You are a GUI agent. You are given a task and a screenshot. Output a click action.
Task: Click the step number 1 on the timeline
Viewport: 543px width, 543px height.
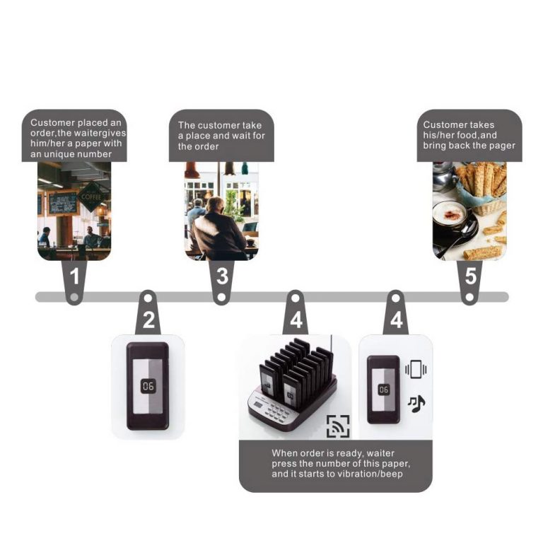coord(74,276)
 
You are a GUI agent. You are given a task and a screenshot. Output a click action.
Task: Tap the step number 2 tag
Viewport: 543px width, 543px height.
coord(149,320)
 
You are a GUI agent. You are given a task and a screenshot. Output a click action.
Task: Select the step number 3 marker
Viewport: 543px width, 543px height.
coord(222,276)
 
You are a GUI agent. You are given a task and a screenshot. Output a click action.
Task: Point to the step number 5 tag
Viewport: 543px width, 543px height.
coord(471,276)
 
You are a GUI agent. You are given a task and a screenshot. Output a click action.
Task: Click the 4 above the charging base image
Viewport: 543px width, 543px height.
coord(296,320)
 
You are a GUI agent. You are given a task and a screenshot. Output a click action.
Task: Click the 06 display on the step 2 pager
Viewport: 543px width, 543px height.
coord(148,386)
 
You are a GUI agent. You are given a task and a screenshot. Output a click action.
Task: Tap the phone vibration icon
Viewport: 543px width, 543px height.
coord(416,369)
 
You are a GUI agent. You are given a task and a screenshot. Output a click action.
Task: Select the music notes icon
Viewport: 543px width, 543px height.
coord(416,404)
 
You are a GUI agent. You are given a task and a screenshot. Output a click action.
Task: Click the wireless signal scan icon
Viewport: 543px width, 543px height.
coord(338,426)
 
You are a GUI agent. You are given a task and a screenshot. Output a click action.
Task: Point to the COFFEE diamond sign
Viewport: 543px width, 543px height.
coord(90,197)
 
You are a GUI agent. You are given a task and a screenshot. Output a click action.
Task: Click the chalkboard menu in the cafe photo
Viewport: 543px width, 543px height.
coord(63,203)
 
